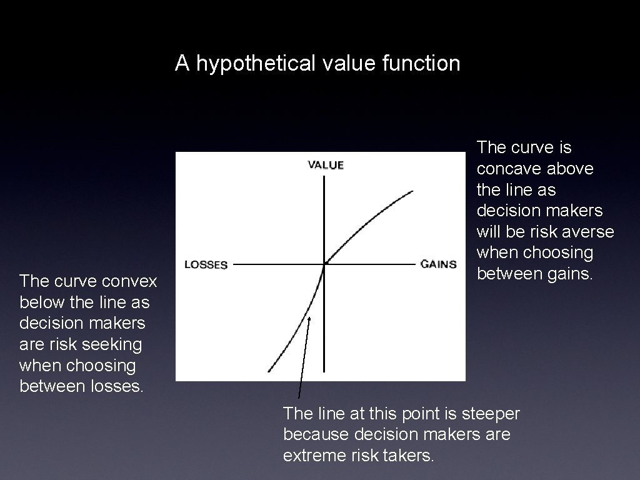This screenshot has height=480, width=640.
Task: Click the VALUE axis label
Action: tap(326, 165)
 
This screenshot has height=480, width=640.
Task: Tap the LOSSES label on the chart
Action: tap(206, 264)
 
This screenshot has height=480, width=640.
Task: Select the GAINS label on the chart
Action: tap(438, 264)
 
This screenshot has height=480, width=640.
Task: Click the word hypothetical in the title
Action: tap(254, 63)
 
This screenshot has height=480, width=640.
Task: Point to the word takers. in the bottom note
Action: tap(406, 456)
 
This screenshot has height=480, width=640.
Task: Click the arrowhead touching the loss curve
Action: tap(309, 318)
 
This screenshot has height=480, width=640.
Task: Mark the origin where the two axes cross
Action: tap(324, 264)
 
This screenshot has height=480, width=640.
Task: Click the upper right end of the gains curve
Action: tap(412, 191)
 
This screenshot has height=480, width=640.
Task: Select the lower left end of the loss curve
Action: tap(269, 371)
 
